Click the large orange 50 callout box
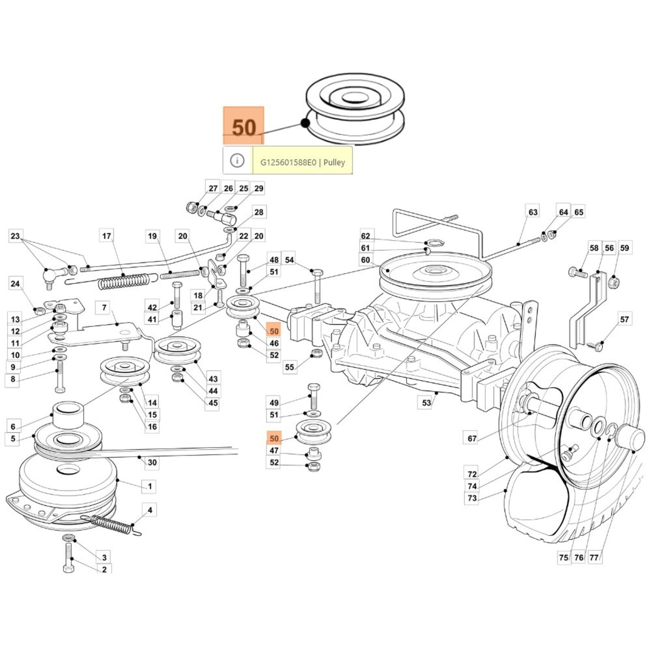(243, 126)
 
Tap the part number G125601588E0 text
(288, 162)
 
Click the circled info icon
(237, 161)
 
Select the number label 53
(426, 403)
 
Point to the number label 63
(533, 212)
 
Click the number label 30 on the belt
(152, 462)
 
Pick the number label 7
(104, 307)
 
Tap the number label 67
(472, 438)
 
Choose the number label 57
(624, 319)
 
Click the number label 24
(15, 284)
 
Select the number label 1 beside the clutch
(150, 486)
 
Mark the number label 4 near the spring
(150, 510)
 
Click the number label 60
(365, 260)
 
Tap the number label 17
(106, 236)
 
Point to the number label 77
(594, 558)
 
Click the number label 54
(289, 260)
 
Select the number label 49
(274, 403)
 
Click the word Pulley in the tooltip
(334, 162)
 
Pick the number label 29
(259, 188)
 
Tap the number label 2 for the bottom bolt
(104, 569)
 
